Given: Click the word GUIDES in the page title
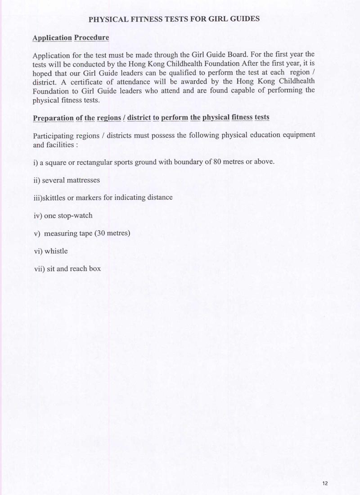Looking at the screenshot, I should click(x=243, y=20).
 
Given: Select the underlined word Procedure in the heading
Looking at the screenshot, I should click(x=91, y=38).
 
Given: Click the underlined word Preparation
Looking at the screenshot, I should click(x=53, y=118).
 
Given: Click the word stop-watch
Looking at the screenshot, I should click(x=75, y=215).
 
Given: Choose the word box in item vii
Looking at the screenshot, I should click(x=95, y=269).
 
